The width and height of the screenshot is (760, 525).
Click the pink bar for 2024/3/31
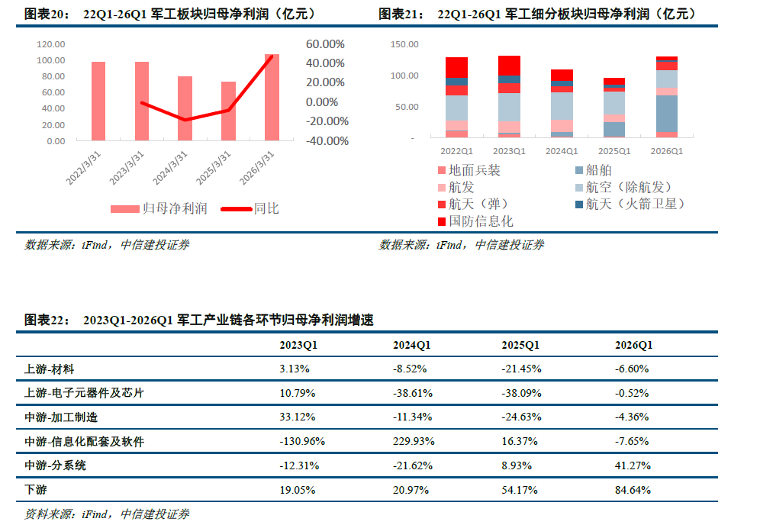click(185, 108)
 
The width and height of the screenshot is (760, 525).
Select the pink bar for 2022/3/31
click(98, 101)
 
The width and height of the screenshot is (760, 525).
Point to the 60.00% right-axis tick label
click(325, 44)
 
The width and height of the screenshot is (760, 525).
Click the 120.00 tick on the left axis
click(51, 44)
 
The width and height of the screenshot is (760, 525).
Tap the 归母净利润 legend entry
click(159, 209)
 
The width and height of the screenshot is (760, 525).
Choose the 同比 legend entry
click(250, 209)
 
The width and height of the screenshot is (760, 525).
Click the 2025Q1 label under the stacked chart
click(614, 151)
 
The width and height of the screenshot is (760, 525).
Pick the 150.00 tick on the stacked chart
click(404, 44)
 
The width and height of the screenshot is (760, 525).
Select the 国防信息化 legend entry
click(475, 221)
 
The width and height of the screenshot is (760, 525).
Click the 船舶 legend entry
click(594, 170)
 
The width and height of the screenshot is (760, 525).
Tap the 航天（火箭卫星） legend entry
click(630, 204)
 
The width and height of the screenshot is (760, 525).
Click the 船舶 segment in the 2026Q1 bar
click(667, 114)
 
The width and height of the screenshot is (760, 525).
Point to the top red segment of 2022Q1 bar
click(456, 68)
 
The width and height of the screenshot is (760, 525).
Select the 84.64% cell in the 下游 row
click(633, 490)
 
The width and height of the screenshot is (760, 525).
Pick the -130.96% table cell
click(302, 441)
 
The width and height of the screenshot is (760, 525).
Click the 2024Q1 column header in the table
click(411, 345)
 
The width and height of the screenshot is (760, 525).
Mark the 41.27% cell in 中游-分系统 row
click(633, 465)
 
